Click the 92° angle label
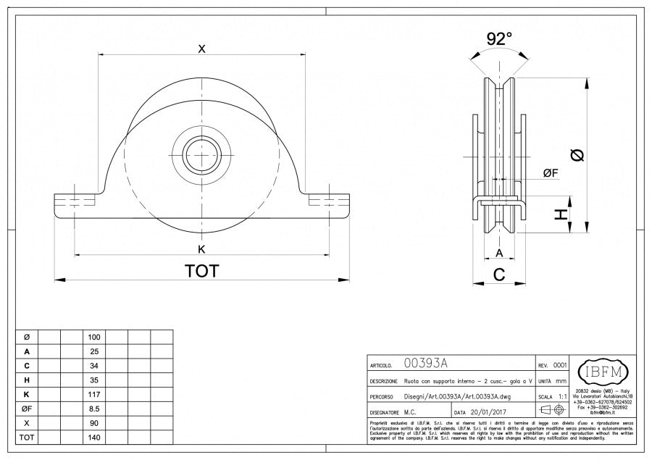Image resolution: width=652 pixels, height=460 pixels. pyautogui.click(x=499, y=38)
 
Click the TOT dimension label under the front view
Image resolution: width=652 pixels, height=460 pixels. pyautogui.click(x=202, y=271)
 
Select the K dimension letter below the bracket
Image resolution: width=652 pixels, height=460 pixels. pyautogui.click(x=202, y=249)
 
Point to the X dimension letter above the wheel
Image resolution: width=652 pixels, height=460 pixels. pyautogui.click(x=202, y=49)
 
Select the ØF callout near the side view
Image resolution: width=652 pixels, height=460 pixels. pyautogui.click(x=551, y=172)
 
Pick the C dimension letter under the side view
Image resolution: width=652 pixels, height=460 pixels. pyautogui.click(x=499, y=274)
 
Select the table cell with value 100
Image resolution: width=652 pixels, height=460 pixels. pyautogui.click(x=94, y=338)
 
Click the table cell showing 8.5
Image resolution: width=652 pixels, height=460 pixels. pyautogui.click(x=94, y=409)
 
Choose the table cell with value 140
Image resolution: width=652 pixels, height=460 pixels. pyautogui.click(x=94, y=438)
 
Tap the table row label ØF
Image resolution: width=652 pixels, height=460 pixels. pyautogui.click(x=27, y=409)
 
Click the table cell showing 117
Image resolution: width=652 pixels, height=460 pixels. pyautogui.click(x=94, y=395)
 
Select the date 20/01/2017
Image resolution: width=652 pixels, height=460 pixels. pyautogui.click(x=496, y=411)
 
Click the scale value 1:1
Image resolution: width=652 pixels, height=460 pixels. pyautogui.click(x=563, y=397)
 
